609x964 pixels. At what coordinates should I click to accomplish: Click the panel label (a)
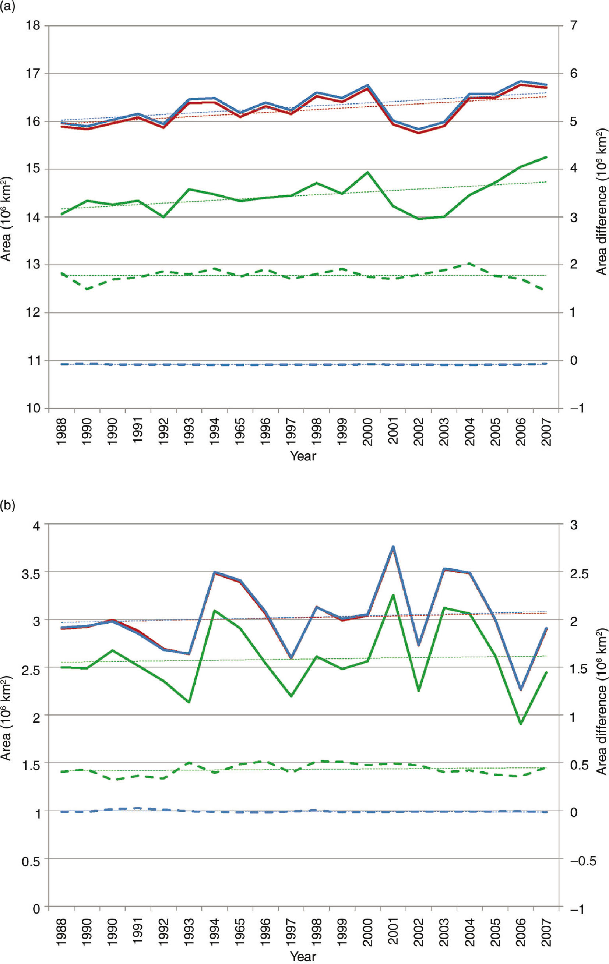pyautogui.click(x=8, y=7)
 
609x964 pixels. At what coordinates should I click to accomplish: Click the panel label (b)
pyautogui.click(x=8, y=506)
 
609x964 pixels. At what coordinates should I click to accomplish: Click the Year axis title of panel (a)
pyautogui.click(x=303, y=456)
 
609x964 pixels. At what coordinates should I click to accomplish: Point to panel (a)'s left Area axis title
pyautogui.click(x=6, y=218)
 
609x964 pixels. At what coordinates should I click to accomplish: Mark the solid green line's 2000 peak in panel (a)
pyautogui.click(x=367, y=172)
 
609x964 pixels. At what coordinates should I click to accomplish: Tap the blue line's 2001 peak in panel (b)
pyautogui.click(x=393, y=547)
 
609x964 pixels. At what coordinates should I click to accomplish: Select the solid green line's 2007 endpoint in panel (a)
pyautogui.click(x=546, y=157)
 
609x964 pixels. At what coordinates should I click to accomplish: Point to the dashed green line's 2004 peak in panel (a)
pyautogui.click(x=469, y=264)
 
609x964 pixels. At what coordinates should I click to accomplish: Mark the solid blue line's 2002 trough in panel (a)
pyautogui.click(x=419, y=129)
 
